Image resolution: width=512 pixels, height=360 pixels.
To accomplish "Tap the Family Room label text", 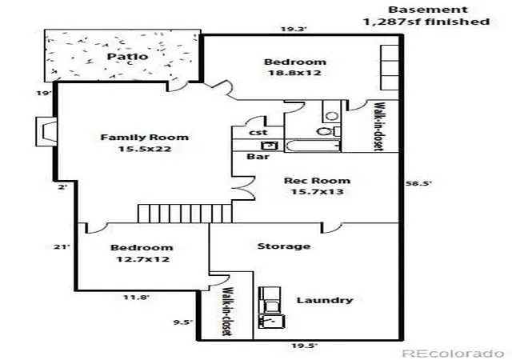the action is (x=144, y=138).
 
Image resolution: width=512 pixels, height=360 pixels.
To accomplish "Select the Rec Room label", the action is (x=317, y=181).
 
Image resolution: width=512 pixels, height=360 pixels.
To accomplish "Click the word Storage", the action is (x=284, y=246).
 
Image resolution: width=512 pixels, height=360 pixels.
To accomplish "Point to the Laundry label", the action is (x=325, y=300).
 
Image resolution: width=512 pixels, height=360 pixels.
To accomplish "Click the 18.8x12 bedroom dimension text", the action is (x=294, y=73).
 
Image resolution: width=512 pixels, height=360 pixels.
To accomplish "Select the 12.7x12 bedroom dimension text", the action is (x=143, y=259).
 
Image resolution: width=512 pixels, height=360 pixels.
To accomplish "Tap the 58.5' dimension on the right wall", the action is (x=418, y=183).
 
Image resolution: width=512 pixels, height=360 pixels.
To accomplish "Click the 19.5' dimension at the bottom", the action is (x=304, y=346).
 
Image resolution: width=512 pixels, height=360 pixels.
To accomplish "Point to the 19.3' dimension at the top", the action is (x=294, y=29).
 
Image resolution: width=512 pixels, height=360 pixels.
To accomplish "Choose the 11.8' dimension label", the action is (x=136, y=298).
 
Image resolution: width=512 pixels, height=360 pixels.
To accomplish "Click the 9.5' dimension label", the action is (x=183, y=322).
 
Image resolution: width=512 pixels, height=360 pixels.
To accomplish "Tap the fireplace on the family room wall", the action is (x=46, y=131).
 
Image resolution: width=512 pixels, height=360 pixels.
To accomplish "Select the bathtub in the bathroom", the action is (x=313, y=146).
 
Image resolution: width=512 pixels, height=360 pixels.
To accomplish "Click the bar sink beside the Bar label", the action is (x=270, y=146).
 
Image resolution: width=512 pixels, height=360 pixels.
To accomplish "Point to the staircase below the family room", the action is (x=185, y=214).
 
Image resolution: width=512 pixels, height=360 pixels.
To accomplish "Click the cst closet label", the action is (x=258, y=132).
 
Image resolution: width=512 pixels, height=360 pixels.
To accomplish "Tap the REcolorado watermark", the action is (x=453, y=354).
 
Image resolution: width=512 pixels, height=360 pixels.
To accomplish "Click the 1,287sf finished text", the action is (x=426, y=22).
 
